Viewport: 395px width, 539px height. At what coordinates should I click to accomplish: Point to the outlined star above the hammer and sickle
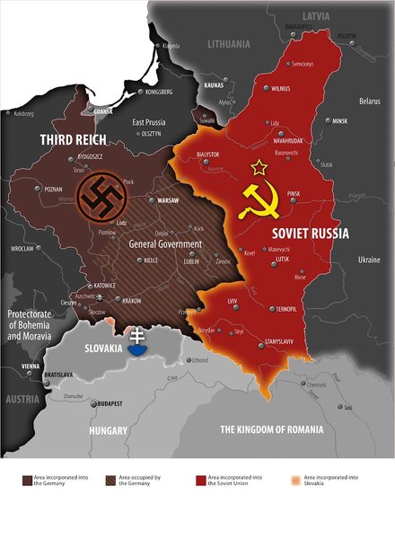tap(259, 166)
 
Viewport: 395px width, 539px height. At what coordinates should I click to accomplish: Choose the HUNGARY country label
tap(110, 430)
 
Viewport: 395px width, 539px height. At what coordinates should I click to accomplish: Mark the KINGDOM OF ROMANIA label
tap(271, 429)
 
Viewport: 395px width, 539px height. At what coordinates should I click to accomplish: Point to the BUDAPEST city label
tap(105, 403)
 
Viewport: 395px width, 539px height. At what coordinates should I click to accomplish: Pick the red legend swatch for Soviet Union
tap(198, 481)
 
